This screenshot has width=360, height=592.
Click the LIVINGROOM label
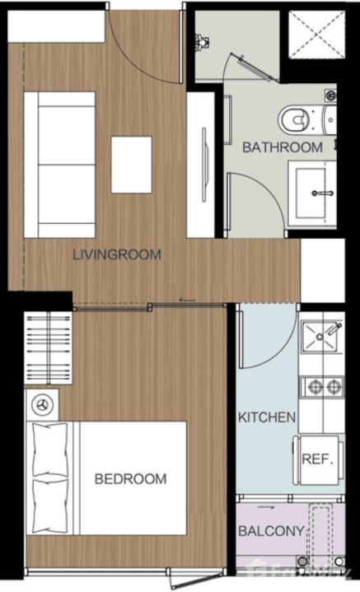(116, 254)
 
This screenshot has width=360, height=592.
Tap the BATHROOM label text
(282, 148)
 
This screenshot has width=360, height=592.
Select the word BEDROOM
(130, 478)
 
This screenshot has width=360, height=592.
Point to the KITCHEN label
(266, 417)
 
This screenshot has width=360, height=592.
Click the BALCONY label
(272, 532)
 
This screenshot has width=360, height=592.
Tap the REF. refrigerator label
(317, 459)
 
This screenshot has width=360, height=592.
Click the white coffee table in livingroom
(132, 165)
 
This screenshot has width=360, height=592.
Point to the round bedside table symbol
(43, 404)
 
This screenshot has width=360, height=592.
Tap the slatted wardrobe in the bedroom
(49, 348)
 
